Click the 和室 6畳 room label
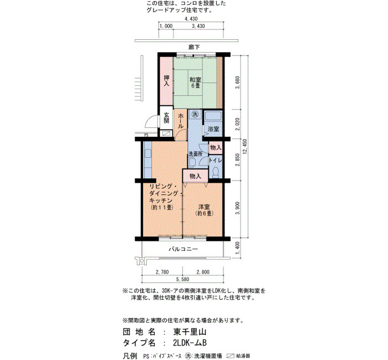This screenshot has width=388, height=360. pyautogui.click(x=195, y=83)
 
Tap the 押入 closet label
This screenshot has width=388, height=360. pyautogui.click(x=166, y=81)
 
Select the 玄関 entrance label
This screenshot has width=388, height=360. pyautogui.click(x=166, y=118)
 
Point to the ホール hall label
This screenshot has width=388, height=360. pyautogui.click(x=181, y=121)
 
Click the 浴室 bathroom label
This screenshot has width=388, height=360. pyautogui.click(x=213, y=129)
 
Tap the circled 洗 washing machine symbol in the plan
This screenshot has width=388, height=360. pyautogui.click(x=196, y=114)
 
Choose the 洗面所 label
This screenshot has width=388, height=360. pyautogui.click(x=196, y=154)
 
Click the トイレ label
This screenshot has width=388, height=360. pyautogui.click(x=216, y=160)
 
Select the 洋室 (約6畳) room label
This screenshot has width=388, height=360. pyautogui.click(x=204, y=210)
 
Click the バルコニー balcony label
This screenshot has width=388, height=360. pyautogui.click(x=183, y=249)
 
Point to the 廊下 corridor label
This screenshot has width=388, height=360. pyautogui.click(x=194, y=47)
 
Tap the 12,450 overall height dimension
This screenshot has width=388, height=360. pyautogui.click(x=245, y=146)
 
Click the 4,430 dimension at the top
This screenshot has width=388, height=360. pyautogui.click(x=191, y=19)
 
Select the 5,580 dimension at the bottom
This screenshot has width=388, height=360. pyautogui.click(x=182, y=279)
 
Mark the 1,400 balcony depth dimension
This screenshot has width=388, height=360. pyautogui.click(x=238, y=248)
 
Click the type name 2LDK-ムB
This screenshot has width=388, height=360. pyautogui.click(x=190, y=343)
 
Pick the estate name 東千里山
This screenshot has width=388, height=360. pyautogui.click(x=190, y=332)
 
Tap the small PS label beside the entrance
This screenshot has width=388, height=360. pyautogui.click(x=146, y=135)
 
